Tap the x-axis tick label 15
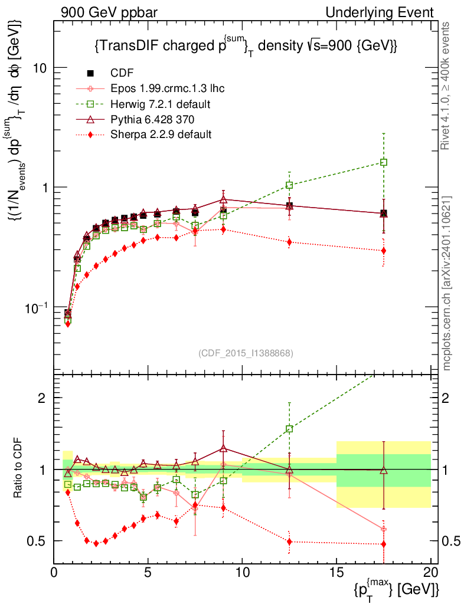point(336,572)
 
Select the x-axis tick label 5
point(148,572)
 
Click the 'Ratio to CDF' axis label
point(19,469)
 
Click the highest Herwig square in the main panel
point(384,162)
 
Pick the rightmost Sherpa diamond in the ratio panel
point(384,544)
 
